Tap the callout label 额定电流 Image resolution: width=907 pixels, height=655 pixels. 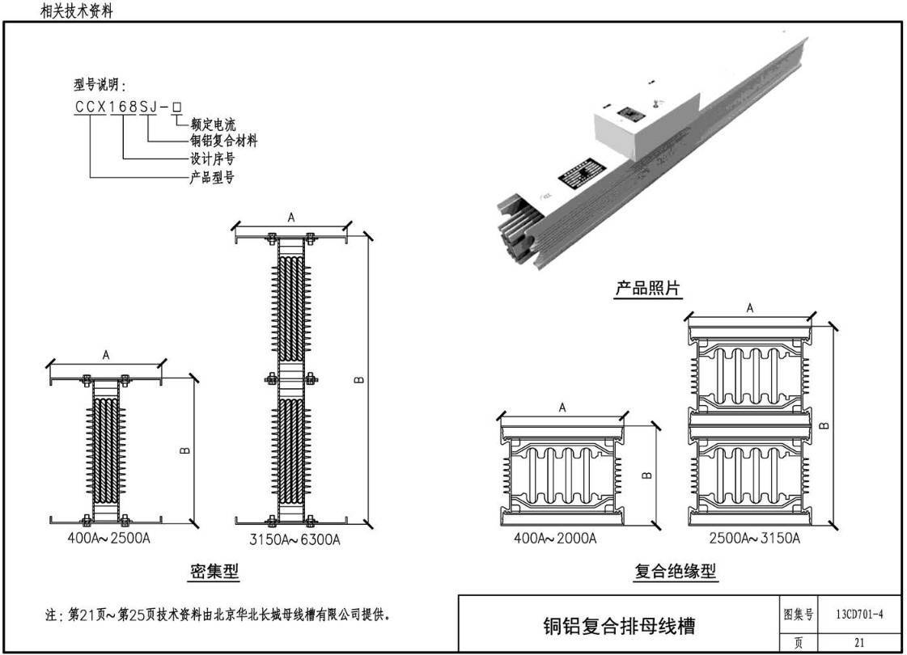[x=213, y=125]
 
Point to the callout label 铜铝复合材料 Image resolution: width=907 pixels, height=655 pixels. [x=223, y=142]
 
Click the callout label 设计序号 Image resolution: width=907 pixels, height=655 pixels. [x=211, y=159]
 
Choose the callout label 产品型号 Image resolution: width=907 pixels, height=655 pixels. [x=211, y=177]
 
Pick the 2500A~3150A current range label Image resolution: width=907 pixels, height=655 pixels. [x=756, y=539]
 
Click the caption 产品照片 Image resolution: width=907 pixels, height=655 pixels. [x=648, y=288]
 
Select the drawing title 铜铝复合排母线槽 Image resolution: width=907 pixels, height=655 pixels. [x=619, y=625]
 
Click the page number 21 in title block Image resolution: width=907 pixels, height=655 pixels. [x=859, y=643]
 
